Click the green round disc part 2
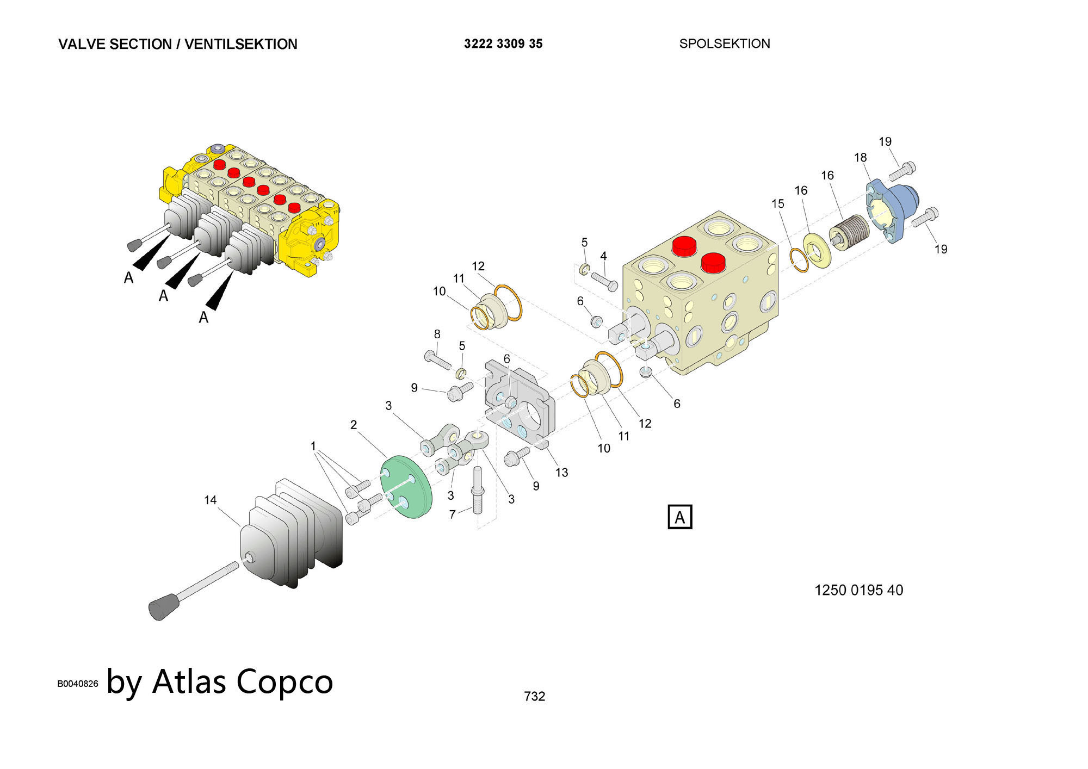(407, 487)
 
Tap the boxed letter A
(680, 517)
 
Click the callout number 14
(211, 500)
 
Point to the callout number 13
(561, 473)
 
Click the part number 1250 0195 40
(858, 590)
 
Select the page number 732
(534, 696)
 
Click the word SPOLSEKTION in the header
(724, 44)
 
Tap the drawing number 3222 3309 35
(503, 44)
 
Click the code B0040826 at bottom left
(78, 684)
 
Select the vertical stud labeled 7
(478, 489)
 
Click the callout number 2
(354, 425)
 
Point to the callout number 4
(603, 256)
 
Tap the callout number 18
(860, 158)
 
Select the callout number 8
(437, 334)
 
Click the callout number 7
(452, 514)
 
